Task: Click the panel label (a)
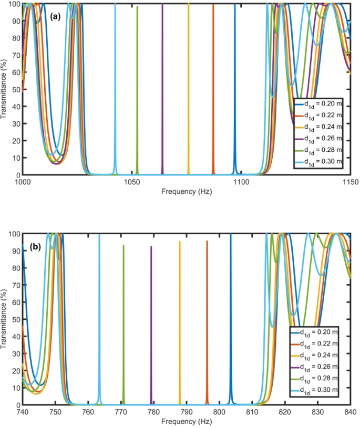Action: (55, 17)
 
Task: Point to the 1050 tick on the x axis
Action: (132, 182)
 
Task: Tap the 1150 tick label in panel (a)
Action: (349, 182)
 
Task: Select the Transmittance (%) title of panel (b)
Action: (5, 319)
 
